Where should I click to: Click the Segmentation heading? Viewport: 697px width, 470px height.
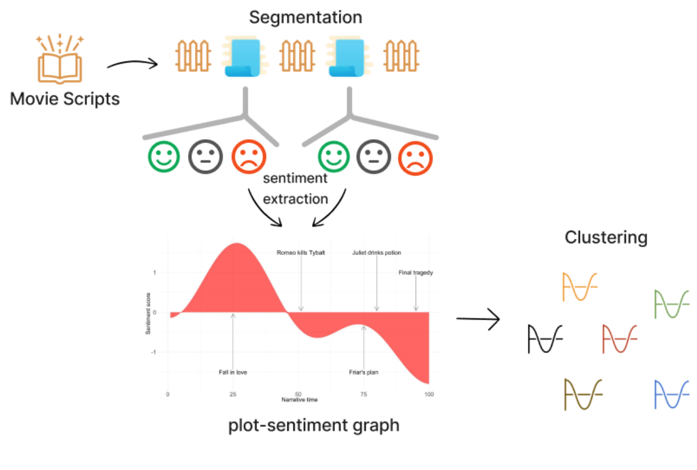point(306,17)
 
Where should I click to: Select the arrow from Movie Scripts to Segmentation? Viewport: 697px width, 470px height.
point(133,65)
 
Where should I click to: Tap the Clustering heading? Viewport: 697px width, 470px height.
point(606,238)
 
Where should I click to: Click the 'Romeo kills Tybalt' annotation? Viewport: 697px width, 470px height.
point(301,253)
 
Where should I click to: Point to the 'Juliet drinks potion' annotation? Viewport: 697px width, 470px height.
point(377,253)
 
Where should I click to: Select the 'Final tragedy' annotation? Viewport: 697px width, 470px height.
point(415,273)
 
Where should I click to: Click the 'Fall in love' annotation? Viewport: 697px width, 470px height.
point(233,372)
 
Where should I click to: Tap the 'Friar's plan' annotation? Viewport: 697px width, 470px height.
point(363,372)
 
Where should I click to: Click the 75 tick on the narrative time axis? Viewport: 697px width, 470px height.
point(364,394)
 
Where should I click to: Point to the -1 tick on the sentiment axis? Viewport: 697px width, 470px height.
point(155,352)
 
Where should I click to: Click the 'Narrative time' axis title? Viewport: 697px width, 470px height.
point(299,400)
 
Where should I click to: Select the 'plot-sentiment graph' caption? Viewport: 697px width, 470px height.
point(314,426)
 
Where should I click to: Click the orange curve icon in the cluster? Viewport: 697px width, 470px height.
point(579,287)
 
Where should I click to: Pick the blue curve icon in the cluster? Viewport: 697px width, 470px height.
point(671,395)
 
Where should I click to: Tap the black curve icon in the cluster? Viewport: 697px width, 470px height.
point(545,339)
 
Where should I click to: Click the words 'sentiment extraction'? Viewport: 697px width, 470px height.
point(295,188)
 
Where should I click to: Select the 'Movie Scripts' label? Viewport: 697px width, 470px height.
point(65,99)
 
